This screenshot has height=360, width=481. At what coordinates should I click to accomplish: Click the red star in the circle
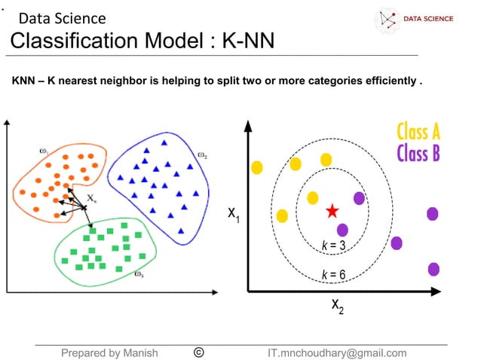click(x=332, y=211)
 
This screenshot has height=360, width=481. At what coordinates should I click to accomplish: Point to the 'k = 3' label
click(x=332, y=246)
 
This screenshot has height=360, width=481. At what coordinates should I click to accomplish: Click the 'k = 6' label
click(x=332, y=274)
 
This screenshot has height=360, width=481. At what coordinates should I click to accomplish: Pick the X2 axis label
click(x=337, y=307)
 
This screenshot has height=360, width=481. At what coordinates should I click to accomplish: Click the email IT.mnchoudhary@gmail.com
click(x=336, y=352)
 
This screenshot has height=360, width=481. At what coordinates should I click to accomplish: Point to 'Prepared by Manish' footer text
click(x=109, y=352)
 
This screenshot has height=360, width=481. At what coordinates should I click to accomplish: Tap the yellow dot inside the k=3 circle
click(x=312, y=198)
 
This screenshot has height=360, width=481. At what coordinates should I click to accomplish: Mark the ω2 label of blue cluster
click(x=202, y=155)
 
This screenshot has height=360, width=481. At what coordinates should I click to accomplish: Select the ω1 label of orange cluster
click(x=44, y=151)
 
